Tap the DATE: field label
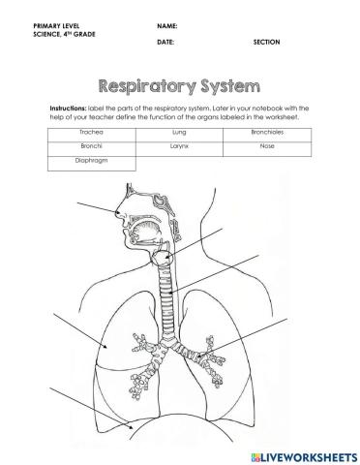click(x=164, y=44)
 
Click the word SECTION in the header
click(x=266, y=44)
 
